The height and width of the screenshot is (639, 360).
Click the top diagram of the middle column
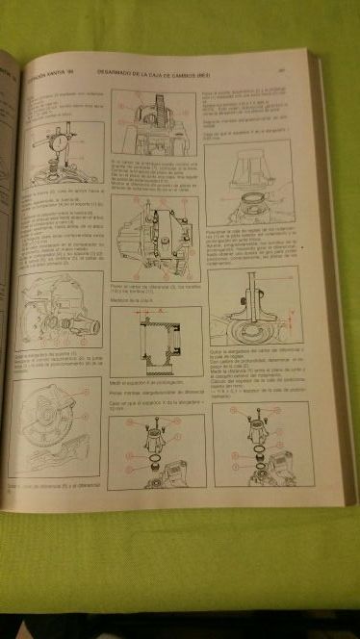[154, 123]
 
